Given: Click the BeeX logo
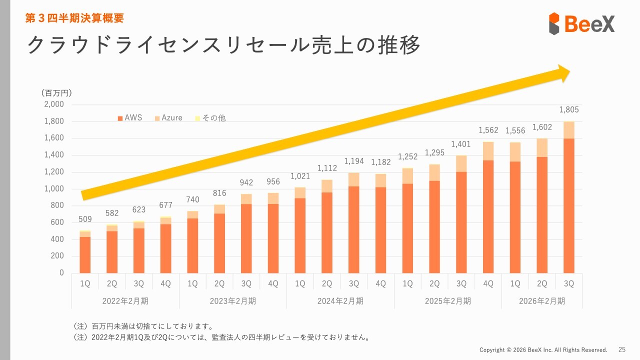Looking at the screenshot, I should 581,23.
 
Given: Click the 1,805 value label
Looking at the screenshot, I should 568,110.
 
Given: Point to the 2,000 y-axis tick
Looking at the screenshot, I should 54,104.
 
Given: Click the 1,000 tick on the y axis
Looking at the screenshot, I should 54,189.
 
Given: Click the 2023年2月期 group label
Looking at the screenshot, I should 233,301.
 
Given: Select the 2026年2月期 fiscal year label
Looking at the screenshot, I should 542,301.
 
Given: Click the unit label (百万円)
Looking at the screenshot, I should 56,93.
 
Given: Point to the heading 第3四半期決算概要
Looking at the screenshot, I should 74,18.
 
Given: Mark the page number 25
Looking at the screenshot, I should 622,349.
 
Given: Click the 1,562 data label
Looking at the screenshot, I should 488,130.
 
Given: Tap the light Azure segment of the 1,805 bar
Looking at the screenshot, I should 569,130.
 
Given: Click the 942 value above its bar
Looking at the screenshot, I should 246,183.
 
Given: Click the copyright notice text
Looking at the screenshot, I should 543,349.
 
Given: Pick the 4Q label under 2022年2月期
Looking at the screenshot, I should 165,283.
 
